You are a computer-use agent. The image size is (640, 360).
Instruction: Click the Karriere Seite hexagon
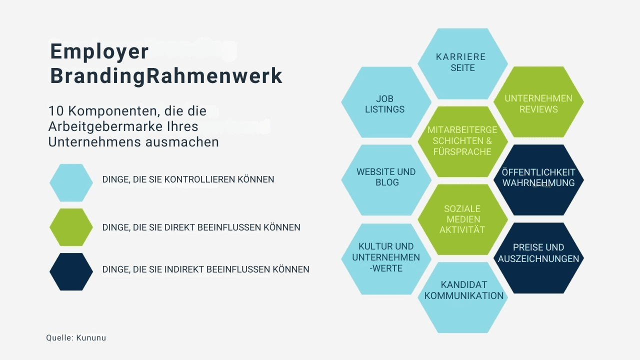[462, 63]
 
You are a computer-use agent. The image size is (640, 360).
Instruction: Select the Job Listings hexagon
[385, 102]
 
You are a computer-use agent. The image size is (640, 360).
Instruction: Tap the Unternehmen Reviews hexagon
[538, 102]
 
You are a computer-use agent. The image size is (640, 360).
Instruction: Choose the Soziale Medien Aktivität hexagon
[462, 219]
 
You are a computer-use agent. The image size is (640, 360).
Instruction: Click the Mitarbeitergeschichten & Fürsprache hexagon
[462, 141]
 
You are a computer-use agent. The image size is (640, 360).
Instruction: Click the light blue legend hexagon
[71, 182]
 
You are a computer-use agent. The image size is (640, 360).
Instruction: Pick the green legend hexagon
[71, 227]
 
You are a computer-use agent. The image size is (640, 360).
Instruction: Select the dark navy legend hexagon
[71, 271]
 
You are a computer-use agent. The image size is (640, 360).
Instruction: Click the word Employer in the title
[99, 51]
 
